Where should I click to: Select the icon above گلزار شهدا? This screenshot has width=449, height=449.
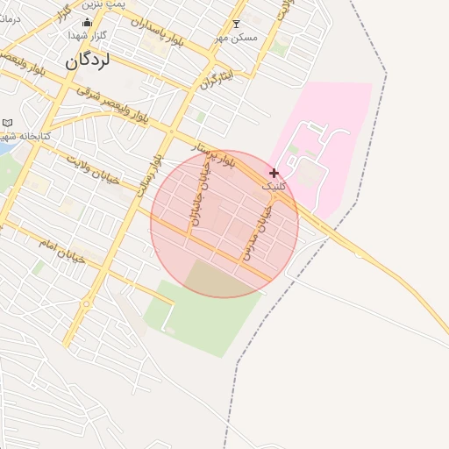(x=87, y=24)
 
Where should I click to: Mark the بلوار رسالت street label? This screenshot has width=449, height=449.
(x=152, y=176)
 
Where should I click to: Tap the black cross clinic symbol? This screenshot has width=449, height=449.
(x=274, y=173)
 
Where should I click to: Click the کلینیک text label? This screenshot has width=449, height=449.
(x=274, y=186)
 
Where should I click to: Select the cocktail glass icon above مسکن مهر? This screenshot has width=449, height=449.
(x=235, y=25)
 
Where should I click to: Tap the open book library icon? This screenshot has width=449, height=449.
(x=8, y=123)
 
